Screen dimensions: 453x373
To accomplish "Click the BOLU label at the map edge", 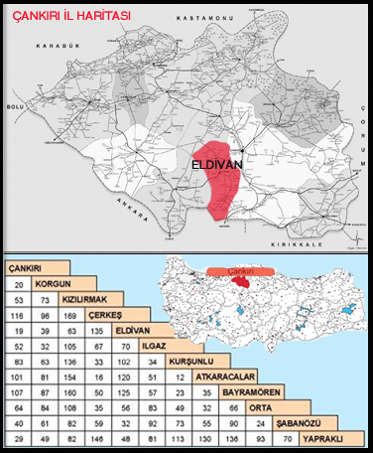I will pyautogui.click(x=14, y=103).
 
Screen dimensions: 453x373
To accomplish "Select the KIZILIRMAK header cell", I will pyautogui.click(x=82, y=297).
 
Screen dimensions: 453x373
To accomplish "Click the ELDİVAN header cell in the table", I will pyautogui.click(x=131, y=329).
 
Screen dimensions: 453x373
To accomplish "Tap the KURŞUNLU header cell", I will pyautogui.click(x=187, y=360).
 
